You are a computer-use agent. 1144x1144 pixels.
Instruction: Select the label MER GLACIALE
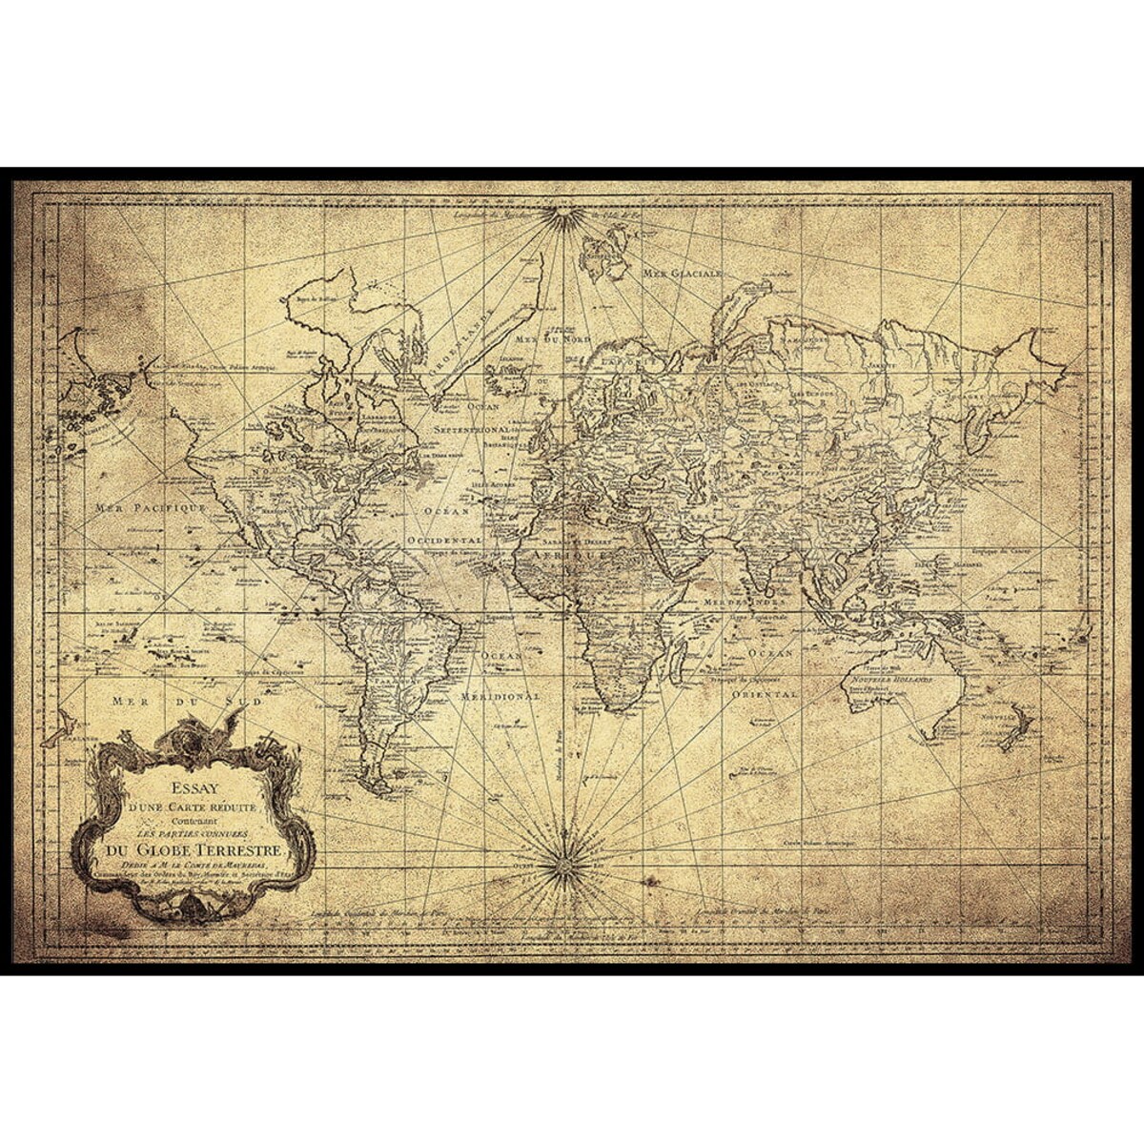click(684, 273)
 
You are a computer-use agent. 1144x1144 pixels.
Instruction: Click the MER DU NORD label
click(553, 339)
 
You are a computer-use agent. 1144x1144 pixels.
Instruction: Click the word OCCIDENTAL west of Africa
click(444, 539)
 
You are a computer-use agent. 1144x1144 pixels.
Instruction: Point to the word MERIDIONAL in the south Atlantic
click(500, 696)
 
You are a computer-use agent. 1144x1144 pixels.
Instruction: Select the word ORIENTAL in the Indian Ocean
click(765, 695)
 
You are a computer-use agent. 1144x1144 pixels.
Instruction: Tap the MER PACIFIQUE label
click(151, 508)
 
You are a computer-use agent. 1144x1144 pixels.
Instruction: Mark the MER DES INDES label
click(745, 603)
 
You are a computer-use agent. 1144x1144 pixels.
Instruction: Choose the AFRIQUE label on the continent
click(570, 553)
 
